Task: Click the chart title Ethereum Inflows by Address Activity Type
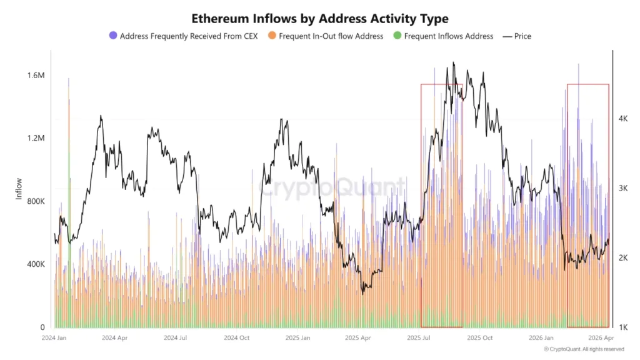(319, 19)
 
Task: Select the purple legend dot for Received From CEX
(113, 36)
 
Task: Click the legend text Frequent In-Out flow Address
(331, 36)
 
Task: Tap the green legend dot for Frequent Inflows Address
(397, 36)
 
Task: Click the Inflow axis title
(19, 189)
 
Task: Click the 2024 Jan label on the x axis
(54, 337)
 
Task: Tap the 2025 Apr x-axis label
(359, 337)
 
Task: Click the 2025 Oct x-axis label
(479, 337)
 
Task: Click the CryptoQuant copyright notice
(583, 349)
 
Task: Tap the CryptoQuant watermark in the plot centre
(331, 186)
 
